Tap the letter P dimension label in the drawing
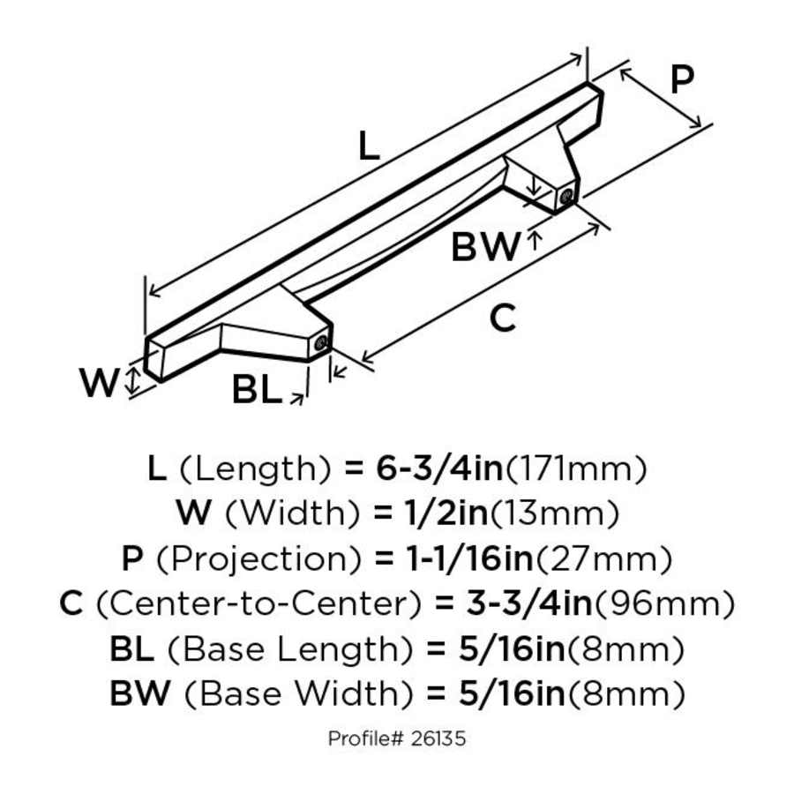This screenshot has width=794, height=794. point(680,80)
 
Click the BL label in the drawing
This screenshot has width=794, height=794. point(256,389)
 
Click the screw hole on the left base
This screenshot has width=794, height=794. point(323,342)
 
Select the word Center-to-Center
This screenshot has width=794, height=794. point(255,604)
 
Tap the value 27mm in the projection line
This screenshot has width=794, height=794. point(606,558)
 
